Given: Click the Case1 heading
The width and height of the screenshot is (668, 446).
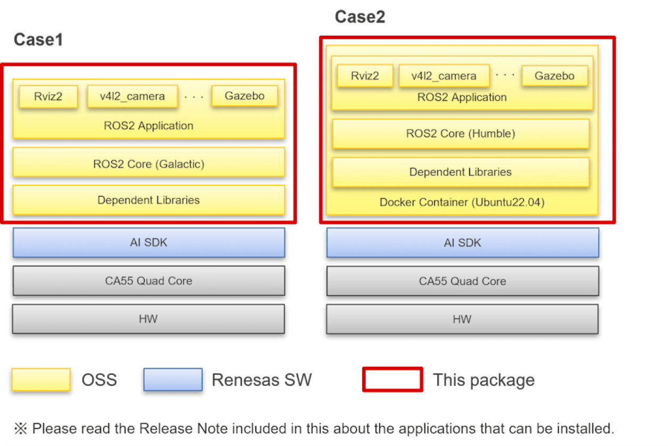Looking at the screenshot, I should [x=38, y=40].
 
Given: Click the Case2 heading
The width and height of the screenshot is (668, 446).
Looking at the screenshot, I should [x=360, y=17].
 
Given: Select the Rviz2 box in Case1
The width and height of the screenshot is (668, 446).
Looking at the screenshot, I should [x=48, y=96].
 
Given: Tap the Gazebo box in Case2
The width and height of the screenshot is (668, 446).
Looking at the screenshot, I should [x=555, y=75].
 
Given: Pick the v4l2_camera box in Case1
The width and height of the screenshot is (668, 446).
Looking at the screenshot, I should [x=132, y=96].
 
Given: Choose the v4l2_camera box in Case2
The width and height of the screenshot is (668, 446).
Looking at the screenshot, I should [x=444, y=75].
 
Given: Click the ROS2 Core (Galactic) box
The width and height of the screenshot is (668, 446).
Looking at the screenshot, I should [x=148, y=164].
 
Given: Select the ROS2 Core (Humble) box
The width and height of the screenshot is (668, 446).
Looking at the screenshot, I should [x=461, y=133].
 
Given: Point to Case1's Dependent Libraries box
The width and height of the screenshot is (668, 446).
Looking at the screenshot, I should [x=148, y=200].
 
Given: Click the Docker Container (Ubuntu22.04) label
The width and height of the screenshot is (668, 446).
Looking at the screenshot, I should [x=462, y=203].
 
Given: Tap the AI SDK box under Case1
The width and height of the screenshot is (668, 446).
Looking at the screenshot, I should [x=148, y=242].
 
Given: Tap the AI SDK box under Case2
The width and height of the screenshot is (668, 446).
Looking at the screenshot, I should [x=462, y=242].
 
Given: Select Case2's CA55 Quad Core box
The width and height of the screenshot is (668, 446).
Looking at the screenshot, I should [x=462, y=281].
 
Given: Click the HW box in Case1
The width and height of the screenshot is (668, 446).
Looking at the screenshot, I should [x=148, y=319].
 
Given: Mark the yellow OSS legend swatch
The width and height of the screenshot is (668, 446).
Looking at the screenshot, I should [x=41, y=380].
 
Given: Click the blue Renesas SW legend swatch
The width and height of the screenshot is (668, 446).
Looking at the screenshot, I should [x=173, y=380].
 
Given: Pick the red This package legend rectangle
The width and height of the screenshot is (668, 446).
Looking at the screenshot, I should [x=393, y=380].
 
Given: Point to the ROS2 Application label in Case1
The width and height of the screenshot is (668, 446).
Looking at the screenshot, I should [x=148, y=126].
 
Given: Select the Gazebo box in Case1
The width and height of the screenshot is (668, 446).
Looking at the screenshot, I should [x=245, y=96].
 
